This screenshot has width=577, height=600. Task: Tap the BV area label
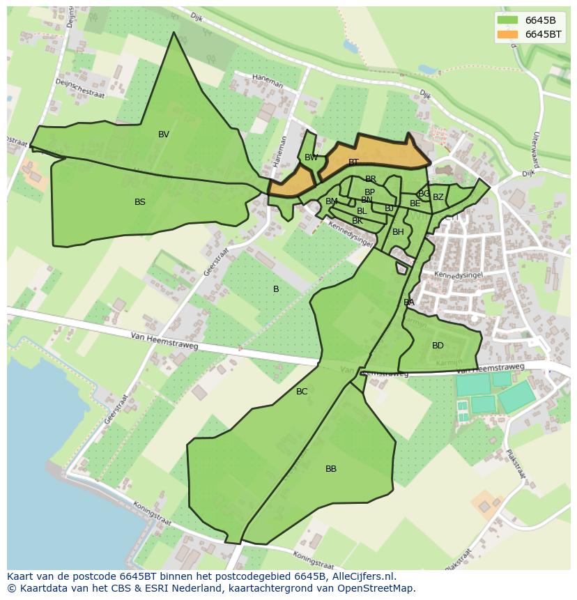tap(164, 134)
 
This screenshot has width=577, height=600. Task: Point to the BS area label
tap(140, 202)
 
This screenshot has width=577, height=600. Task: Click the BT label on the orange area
tap(353, 162)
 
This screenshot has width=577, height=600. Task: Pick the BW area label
tap(311, 157)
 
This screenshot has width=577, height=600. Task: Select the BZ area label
tap(438, 197)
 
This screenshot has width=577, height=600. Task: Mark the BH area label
tap(398, 232)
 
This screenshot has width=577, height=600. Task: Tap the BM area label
tap(331, 201)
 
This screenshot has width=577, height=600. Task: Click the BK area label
tap(357, 221)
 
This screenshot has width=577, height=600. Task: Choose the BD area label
tap(438, 346)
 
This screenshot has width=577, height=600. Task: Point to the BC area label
tap(302, 392)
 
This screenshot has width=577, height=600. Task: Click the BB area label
tap(331, 469)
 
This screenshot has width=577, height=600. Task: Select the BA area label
tap(408, 302)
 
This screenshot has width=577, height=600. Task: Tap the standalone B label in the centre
tap(276, 289)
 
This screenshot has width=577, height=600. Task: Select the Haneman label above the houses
tap(268, 81)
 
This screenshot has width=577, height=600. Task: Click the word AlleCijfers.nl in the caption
tap(367, 576)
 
